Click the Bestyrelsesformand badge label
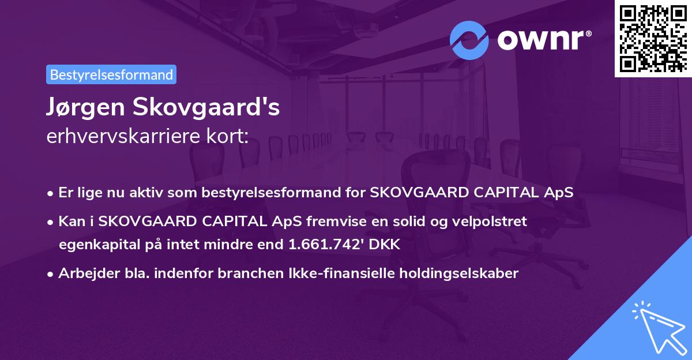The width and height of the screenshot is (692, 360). [111, 74]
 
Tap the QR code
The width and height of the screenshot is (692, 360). [653, 38]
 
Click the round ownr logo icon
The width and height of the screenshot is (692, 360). [469, 40]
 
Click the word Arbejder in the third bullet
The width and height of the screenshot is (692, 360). [84, 273]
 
